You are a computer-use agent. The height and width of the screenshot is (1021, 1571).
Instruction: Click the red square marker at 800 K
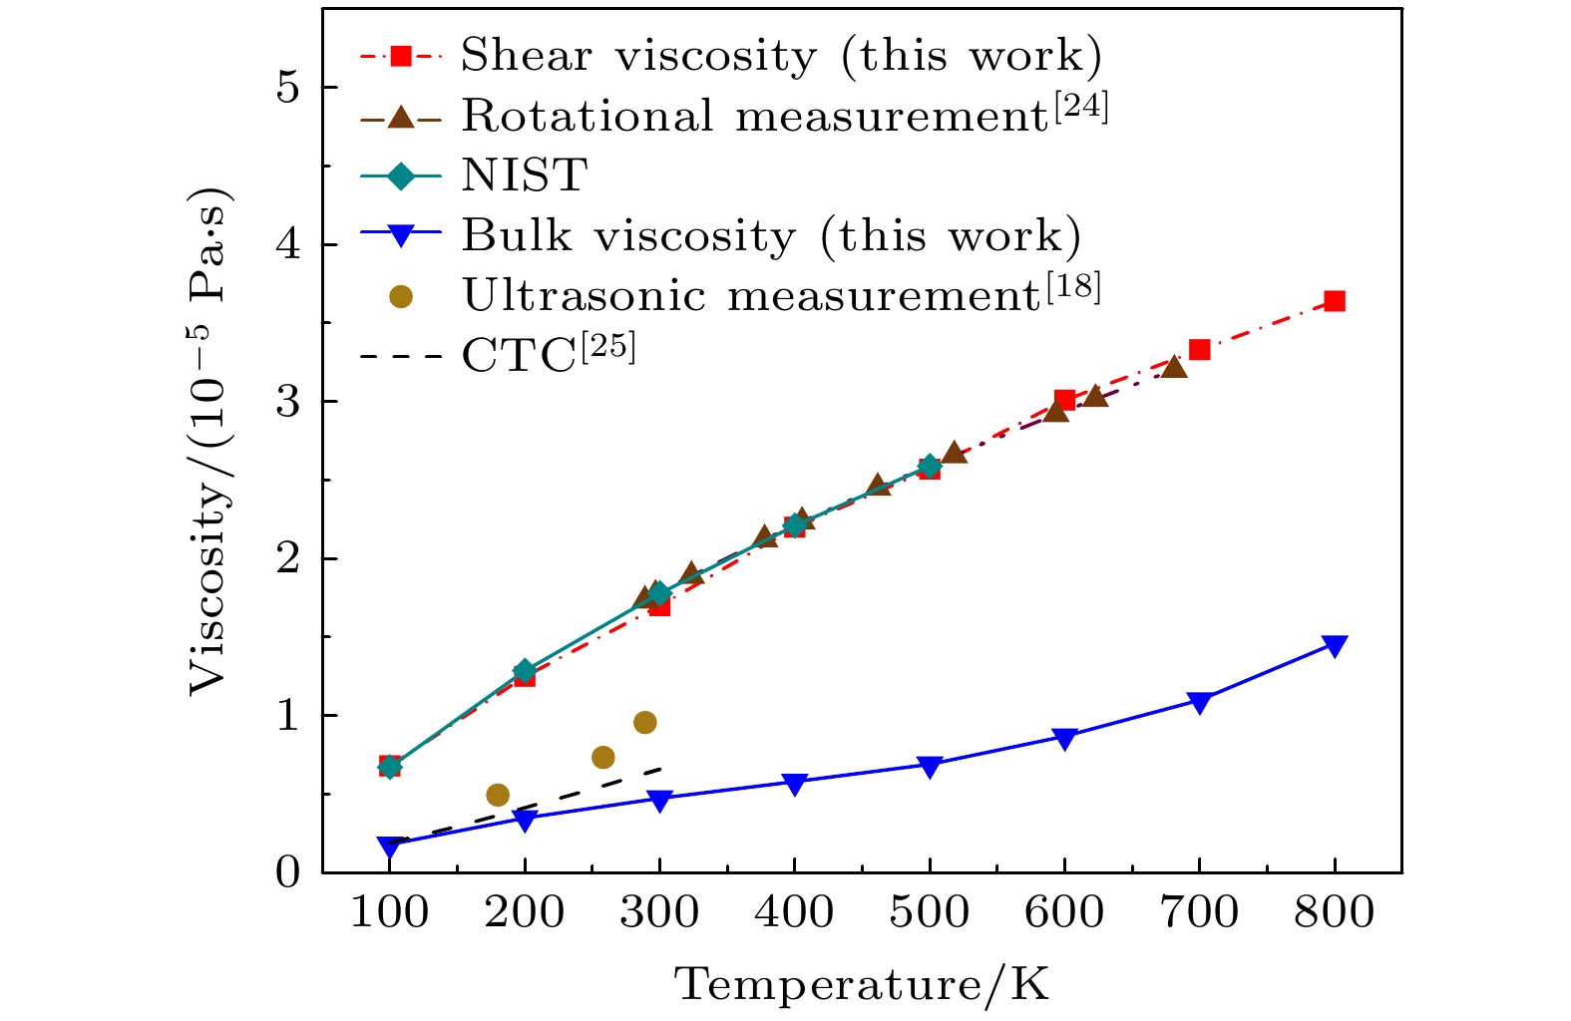coord(1335,301)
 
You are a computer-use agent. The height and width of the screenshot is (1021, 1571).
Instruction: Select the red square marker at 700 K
coord(1200,350)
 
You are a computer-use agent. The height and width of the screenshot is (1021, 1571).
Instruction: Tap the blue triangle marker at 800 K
coord(1335,646)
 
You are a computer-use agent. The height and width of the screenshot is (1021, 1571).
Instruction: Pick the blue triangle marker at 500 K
coord(930,767)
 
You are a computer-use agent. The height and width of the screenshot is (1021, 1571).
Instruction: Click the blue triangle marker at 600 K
coord(1064,739)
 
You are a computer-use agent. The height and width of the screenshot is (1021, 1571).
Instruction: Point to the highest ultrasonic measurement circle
coord(645,722)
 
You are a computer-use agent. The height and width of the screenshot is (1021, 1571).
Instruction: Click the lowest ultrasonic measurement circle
coord(498,795)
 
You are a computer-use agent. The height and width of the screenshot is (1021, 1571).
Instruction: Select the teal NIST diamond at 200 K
coord(525,671)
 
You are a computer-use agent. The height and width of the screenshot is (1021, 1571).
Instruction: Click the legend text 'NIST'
coord(524,176)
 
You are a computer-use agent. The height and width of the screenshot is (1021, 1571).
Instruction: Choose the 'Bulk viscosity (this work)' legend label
coord(771,236)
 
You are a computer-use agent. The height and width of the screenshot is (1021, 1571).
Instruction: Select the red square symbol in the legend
coord(400,57)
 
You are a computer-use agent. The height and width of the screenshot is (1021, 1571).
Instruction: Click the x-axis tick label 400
coord(794,912)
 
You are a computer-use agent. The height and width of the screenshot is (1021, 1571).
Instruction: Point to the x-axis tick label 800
coord(1335,912)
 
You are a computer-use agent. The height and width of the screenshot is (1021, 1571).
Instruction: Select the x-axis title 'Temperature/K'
coord(862,985)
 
